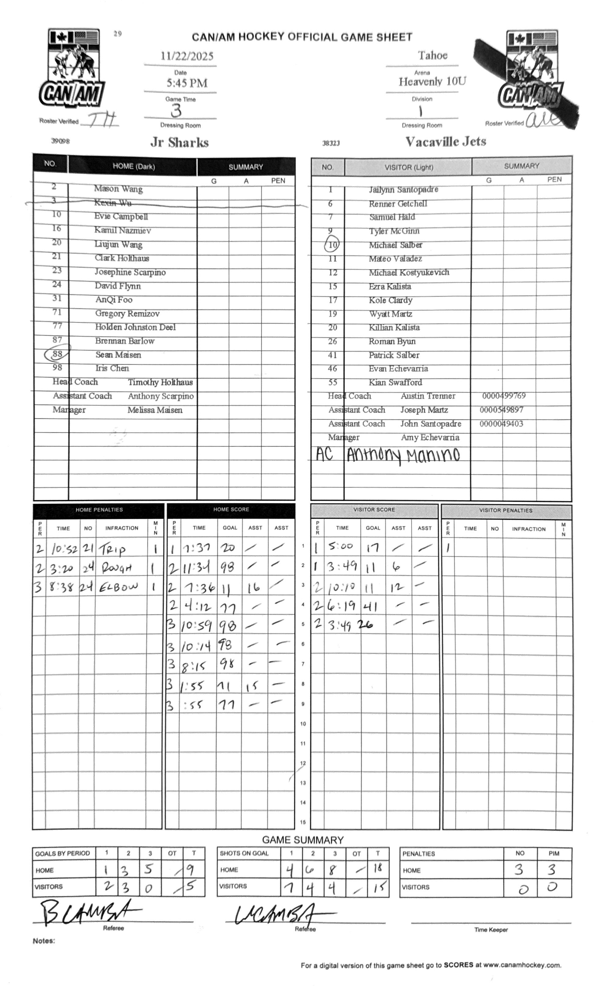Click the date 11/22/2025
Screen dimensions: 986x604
(187, 56)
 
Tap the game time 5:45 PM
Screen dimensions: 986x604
(187, 83)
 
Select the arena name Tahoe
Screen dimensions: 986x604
(432, 55)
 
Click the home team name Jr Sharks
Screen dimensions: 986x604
(179, 142)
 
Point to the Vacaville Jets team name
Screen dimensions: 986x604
(445, 142)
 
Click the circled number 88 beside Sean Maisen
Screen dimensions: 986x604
(58, 354)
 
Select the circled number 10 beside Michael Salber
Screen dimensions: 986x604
(332, 245)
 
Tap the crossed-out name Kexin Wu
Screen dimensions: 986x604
(112, 203)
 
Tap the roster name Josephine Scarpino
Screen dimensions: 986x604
(130, 272)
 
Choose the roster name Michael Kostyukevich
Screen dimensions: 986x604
(409, 272)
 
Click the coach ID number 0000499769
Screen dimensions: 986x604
(503, 396)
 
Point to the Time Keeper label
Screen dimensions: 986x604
(491, 929)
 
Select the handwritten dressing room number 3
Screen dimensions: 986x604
(176, 111)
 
